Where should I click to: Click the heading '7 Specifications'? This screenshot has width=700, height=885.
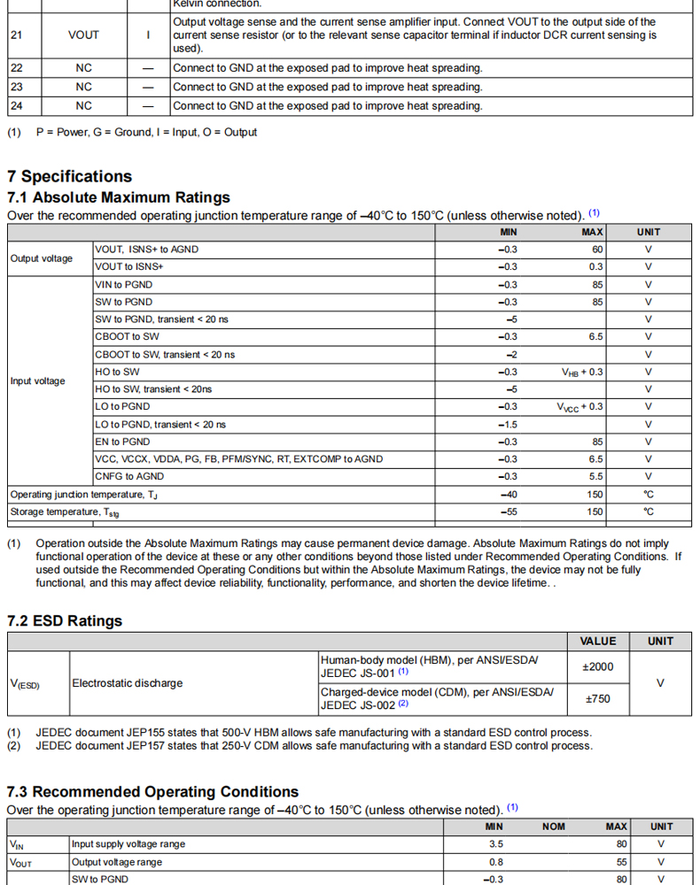pyautogui.click(x=69, y=176)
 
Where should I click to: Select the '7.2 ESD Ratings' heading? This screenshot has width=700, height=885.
pyautogui.click(x=65, y=621)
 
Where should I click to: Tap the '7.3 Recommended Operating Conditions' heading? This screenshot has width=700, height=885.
pyautogui.click(x=152, y=792)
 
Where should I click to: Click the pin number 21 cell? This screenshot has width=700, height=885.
pyautogui.click(x=17, y=35)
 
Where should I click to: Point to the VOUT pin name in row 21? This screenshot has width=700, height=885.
pyautogui.click(x=83, y=35)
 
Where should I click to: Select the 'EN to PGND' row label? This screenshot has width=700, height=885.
pyautogui.click(x=122, y=442)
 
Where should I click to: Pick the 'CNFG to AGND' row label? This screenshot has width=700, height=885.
pyautogui.click(x=129, y=477)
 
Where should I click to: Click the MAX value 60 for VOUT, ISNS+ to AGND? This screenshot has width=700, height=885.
pyautogui.click(x=597, y=250)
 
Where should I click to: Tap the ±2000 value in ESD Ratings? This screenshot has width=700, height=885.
pyautogui.click(x=598, y=667)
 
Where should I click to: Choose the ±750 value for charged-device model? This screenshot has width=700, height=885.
pyautogui.click(x=598, y=699)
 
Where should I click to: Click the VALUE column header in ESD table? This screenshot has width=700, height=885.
pyautogui.click(x=598, y=642)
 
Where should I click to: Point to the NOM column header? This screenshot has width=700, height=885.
pyautogui.click(x=554, y=827)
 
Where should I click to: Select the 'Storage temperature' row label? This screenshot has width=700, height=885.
pyautogui.click(x=65, y=512)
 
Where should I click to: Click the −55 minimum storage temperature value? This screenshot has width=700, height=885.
pyautogui.click(x=508, y=512)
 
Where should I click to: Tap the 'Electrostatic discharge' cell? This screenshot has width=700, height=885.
pyautogui.click(x=128, y=683)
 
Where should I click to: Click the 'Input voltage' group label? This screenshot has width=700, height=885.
pyautogui.click(x=37, y=381)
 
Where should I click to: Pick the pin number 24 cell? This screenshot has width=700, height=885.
pyautogui.click(x=17, y=106)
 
